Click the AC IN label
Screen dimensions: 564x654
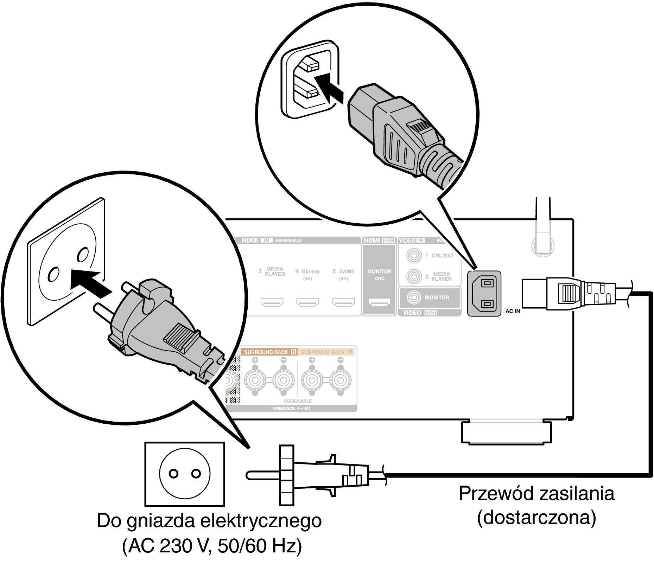513,311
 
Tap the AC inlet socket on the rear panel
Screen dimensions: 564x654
484,293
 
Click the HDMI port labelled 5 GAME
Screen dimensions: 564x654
344,302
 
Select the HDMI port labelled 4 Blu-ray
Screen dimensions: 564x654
308,302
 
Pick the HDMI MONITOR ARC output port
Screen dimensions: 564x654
379,302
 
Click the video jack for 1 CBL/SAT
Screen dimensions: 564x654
414,255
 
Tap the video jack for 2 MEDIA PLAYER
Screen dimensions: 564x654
414,276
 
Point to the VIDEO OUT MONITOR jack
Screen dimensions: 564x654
414,297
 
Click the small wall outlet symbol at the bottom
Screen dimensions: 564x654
185,474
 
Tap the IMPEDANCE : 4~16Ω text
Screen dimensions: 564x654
291,409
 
